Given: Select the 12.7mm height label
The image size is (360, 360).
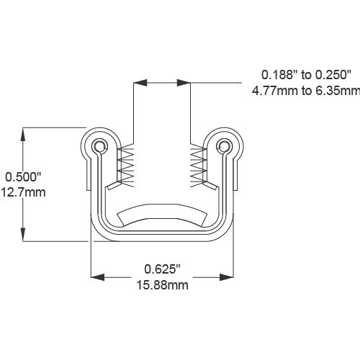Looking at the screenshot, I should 24,192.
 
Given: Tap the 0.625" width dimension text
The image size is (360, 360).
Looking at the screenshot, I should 161,269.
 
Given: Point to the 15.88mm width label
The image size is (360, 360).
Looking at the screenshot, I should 162,285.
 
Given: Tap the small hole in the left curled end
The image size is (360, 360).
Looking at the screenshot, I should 99,147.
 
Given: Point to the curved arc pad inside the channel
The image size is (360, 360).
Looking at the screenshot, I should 162,213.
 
